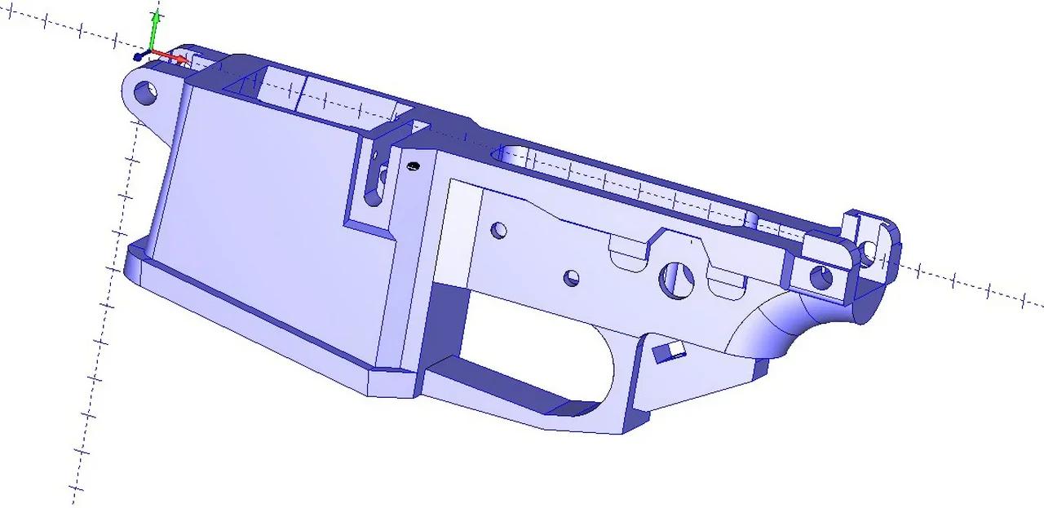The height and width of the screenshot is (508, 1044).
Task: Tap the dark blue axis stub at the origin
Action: pyautogui.click(x=140, y=55)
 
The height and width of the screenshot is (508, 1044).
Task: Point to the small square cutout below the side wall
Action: pyautogui.click(x=668, y=351)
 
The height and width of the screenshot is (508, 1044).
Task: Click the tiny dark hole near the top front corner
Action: pyautogui.click(x=413, y=166)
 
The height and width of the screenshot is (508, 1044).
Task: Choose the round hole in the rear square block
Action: pyautogui.click(x=821, y=277)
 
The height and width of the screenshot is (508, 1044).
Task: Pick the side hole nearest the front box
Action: pyautogui.click(x=499, y=231)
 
